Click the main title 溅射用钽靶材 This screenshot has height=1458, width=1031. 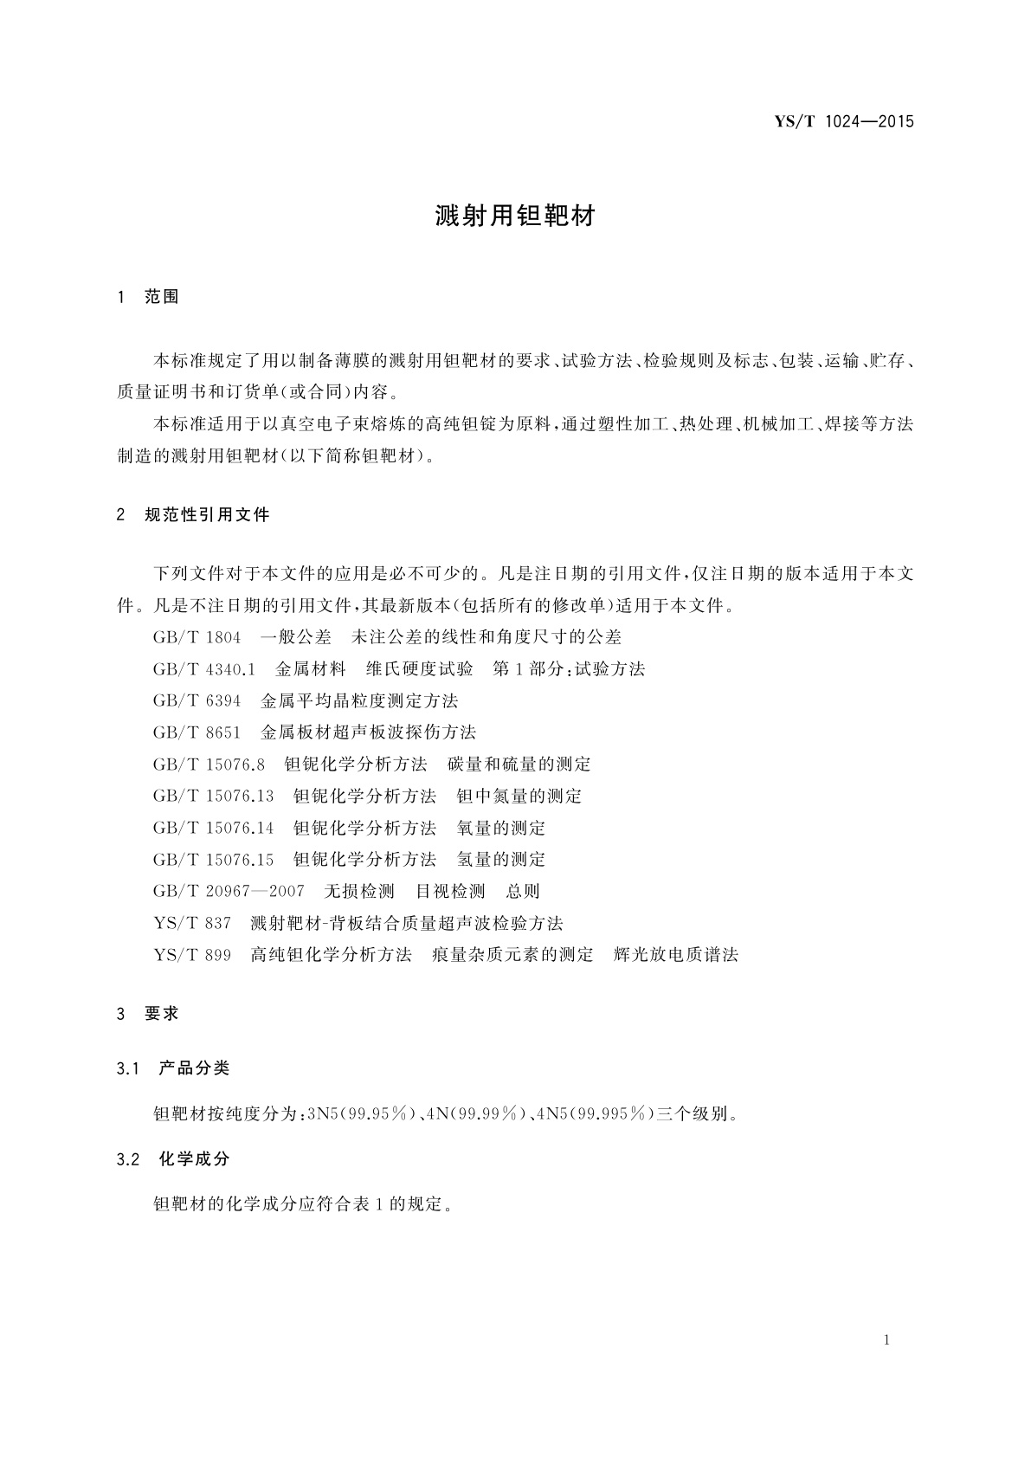515,216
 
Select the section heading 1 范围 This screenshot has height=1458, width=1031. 148,297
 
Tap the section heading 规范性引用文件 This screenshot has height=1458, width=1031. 207,515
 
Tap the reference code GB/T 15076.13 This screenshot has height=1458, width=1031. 213,797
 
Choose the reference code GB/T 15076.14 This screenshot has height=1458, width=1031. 213,829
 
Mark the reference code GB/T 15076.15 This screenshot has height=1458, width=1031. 213,860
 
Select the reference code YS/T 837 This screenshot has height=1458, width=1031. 192,924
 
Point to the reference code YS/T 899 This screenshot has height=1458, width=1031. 192,955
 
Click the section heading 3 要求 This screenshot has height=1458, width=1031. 148,1014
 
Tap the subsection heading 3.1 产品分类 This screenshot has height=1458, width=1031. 173,1068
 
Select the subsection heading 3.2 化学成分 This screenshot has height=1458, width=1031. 173,1159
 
